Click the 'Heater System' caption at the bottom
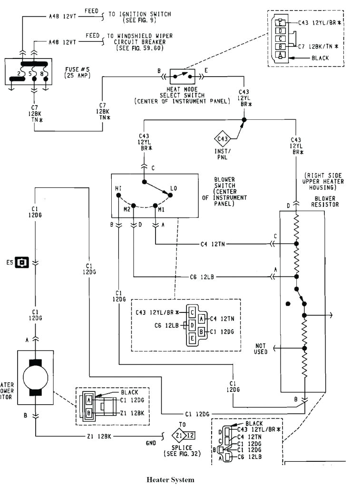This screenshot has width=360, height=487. coord(170,479)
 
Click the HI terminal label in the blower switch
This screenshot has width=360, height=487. coord(117,188)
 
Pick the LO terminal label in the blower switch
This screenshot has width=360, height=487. coord(174,188)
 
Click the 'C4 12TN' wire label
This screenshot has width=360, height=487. coord(213,244)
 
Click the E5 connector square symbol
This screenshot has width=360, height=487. coord(22,262)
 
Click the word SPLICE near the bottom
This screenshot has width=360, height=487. coord(183,448)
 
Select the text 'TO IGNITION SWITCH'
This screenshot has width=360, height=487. coord(138,15)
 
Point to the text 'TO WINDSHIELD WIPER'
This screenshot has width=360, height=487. coord(140,36)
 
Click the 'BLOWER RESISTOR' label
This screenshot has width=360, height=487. coord(324,202)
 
